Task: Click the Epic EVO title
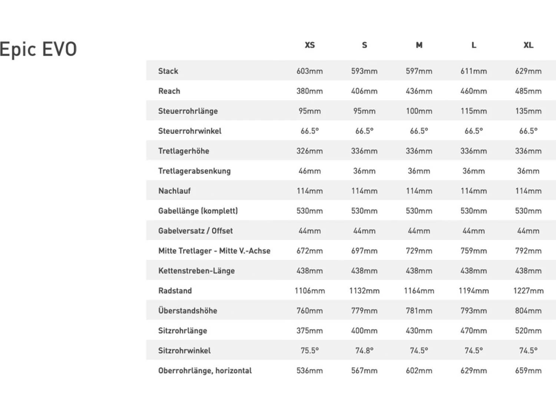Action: [x=38, y=49]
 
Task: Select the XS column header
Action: [x=310, y=45]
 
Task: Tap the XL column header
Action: [x=528, y=45]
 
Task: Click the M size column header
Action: [x=419, y=45]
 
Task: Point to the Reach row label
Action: [x=169, y=91]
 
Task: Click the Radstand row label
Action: [x=175, y=291]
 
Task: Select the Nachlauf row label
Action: [x=174, y=191]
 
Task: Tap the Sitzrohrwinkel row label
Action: [x=184, y=351]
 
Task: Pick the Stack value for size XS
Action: [x=310, y=71]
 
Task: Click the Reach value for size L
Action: [x=473, y=91]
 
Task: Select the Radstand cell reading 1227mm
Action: [x=528, y=291]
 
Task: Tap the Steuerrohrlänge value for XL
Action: [x=528, y=111]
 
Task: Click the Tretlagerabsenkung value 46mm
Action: [x=310, y=171]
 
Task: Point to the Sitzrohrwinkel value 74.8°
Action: [x=364, y=351]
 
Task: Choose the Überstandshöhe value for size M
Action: [x=419, y=311]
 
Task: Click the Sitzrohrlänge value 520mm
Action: [x=528, y=331]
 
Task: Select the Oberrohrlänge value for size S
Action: [x=364, y=371]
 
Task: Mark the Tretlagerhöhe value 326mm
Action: [x=310, y=151]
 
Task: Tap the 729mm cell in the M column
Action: [x=419, y=251]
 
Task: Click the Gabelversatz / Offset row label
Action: [x=195, y=231]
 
